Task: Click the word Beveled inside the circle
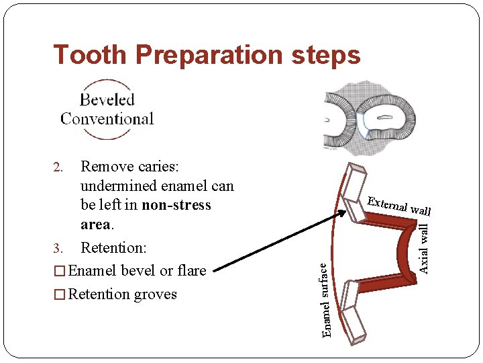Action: (107, 100)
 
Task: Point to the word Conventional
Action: (107, 119)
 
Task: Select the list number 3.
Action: (58, 249)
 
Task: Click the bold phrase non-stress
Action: (176, 205)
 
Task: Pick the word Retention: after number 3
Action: (113, 248)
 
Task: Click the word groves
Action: (156, 294)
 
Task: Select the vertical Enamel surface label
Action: (326, 300)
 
